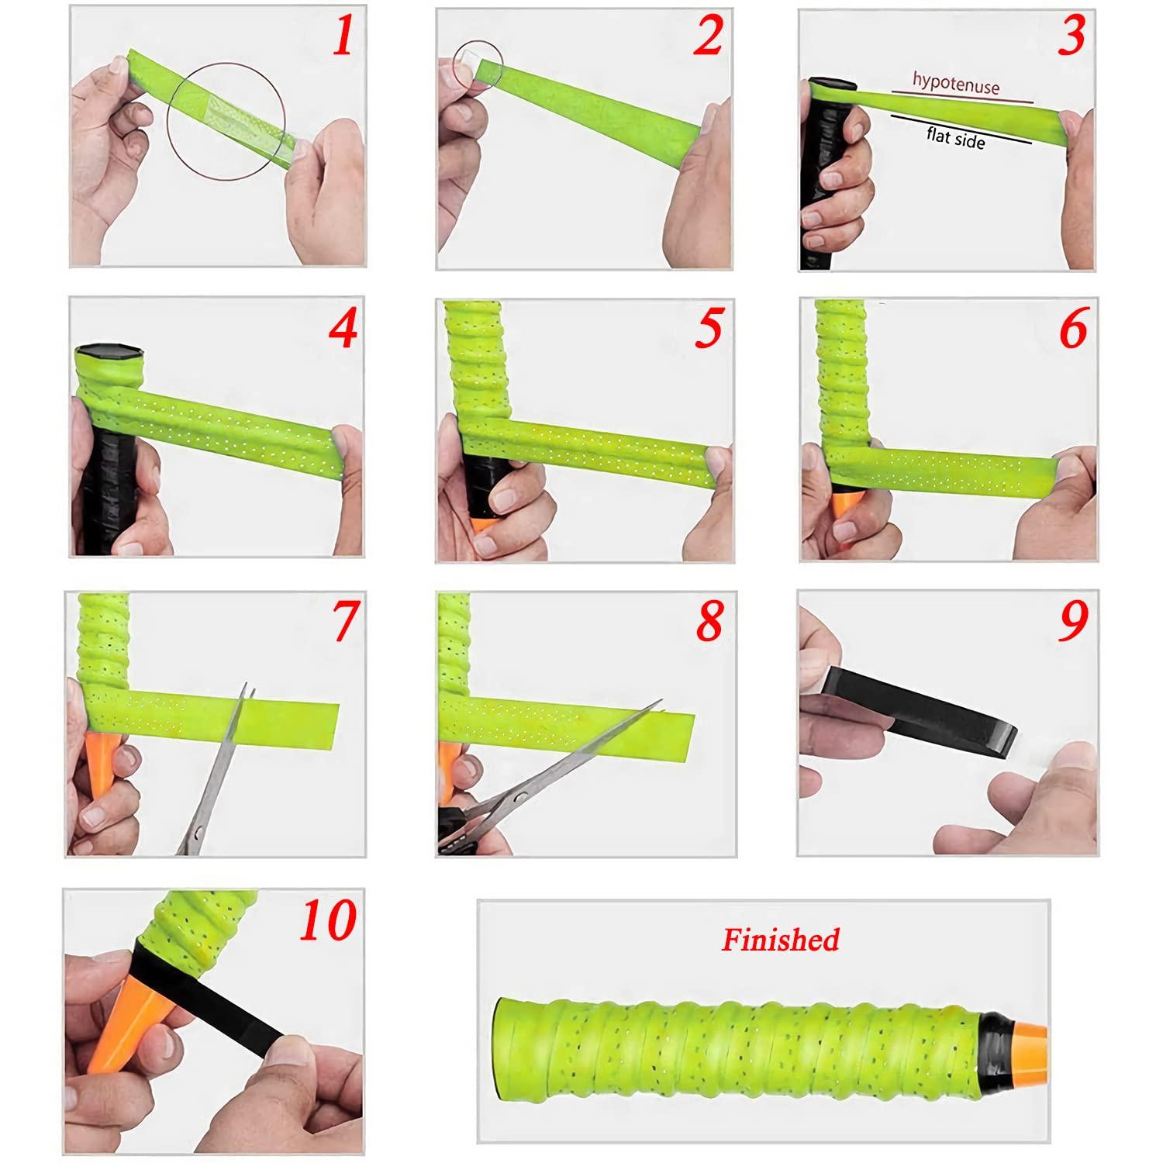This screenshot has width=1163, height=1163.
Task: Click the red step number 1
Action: tap(342, 36)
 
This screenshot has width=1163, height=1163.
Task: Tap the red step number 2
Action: tap(707, 36)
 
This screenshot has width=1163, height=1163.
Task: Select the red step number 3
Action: tap(1071, 36)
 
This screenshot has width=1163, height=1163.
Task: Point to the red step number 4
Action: tap(342, 329)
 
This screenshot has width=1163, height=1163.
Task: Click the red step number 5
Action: tap(708, 329)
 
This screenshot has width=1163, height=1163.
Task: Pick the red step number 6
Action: tap(1073, 329)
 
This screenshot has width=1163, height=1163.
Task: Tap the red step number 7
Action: tap(345, 621)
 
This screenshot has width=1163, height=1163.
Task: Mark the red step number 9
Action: tap(1074, 621)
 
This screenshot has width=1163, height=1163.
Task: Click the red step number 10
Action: tap(328, 920)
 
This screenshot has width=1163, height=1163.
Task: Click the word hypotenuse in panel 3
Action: tap(955, 83)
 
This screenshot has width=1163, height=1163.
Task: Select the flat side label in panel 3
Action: tap(956, 137)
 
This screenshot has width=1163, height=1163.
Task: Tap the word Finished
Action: tap(780, 940)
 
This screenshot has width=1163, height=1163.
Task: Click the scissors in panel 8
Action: tap(543, 783)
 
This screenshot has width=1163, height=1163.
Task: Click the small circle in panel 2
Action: tap(478, 62)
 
